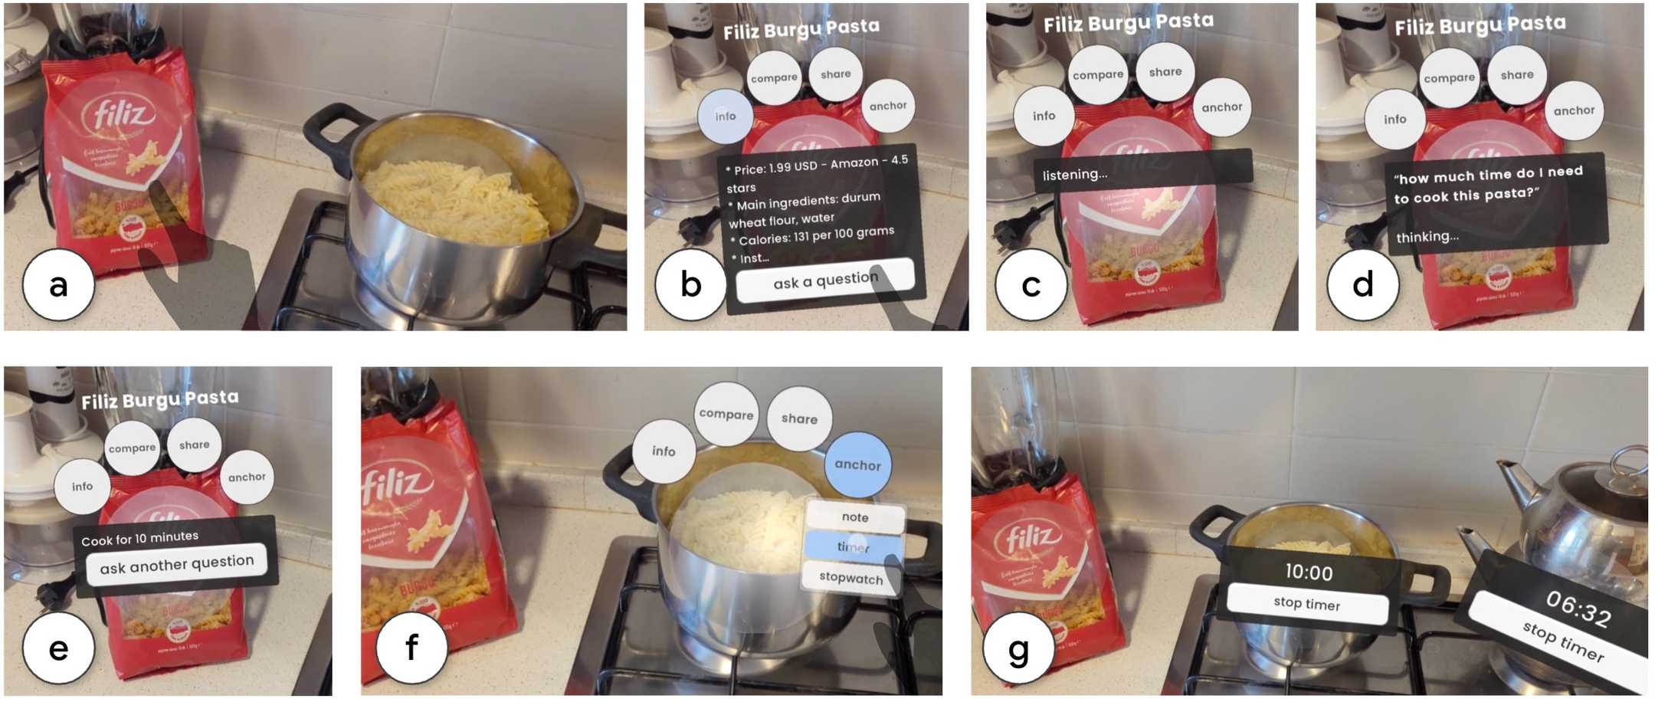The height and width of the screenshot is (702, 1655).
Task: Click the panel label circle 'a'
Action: (58, 285)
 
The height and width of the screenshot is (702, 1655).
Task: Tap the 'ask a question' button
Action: (825, 280)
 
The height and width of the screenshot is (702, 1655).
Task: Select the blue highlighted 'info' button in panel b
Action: (725, 116)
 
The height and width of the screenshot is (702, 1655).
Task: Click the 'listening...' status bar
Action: (1142, 172)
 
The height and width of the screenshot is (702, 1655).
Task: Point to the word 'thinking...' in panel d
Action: (1427, 237)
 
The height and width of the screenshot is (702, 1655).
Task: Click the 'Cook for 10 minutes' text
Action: (139, 538)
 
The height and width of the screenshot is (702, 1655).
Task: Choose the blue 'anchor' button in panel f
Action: (857, 464)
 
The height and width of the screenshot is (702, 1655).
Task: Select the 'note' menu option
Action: (854, 517)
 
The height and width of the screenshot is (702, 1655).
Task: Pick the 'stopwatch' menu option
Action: (850, 577)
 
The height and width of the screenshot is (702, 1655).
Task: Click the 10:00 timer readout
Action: (1309, 572)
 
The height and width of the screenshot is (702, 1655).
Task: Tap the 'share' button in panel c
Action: (1165, 72)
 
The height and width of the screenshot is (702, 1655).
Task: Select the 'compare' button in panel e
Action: (132, 448)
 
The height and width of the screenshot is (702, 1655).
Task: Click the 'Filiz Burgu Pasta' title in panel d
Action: (1480, 26)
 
